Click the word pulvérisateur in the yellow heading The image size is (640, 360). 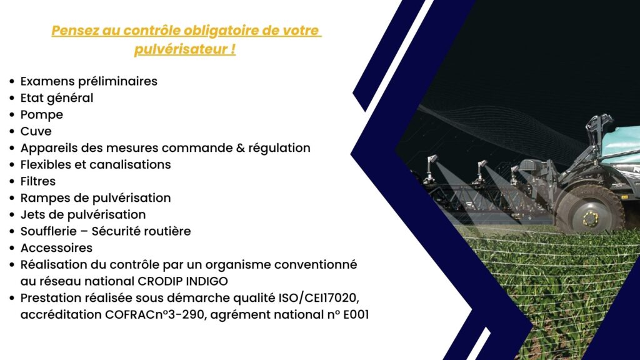click(x=181, y=49)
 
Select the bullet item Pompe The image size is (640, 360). click(x=42, y=115)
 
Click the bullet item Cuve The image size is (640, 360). click(x=36, y=131)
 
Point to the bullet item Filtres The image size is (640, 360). click(x=38, y=181)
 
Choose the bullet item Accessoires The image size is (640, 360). click(x=56, y=247)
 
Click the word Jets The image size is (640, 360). click(x=31, y=215)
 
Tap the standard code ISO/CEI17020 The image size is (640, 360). click(x=318, y=298)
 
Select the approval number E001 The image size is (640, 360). click(x=356, y=315)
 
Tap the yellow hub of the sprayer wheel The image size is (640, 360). click(x=590, y=219)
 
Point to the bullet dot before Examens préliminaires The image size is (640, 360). click(x=12, y=81)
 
